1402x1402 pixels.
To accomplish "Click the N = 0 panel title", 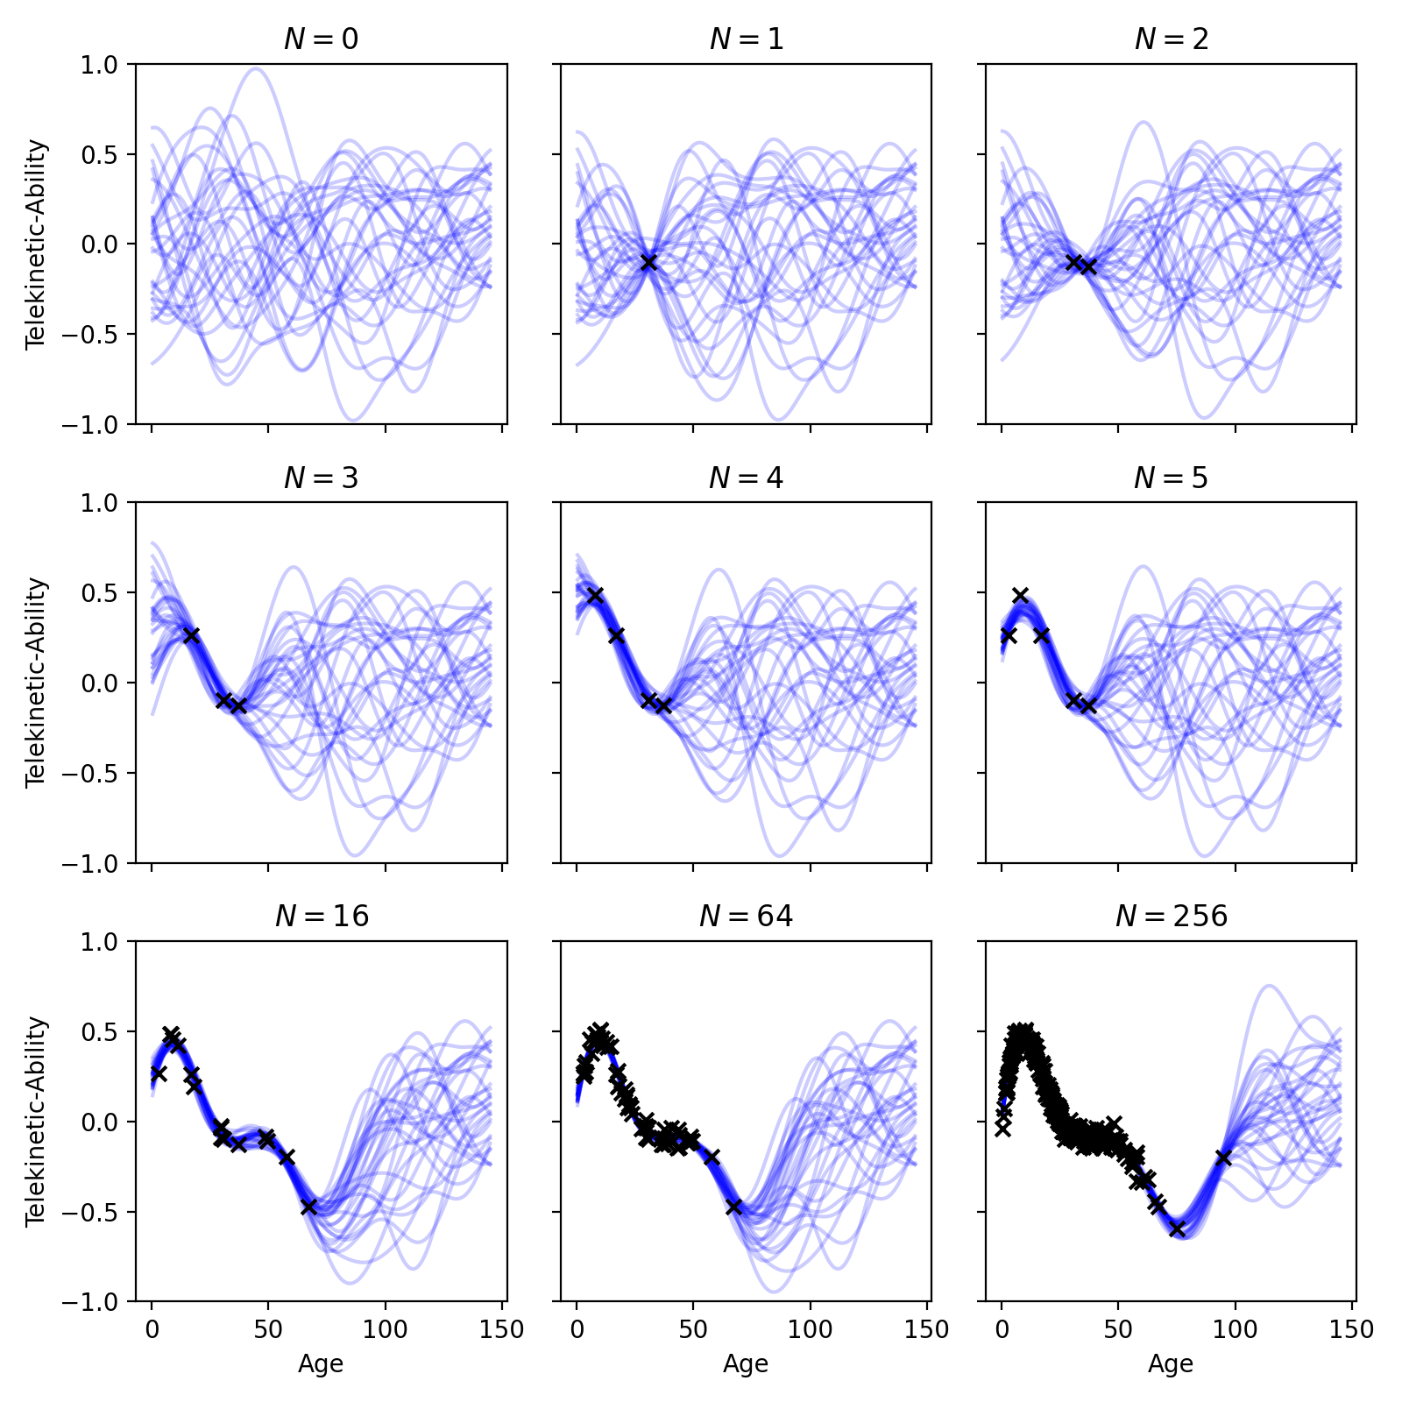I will pyautogui.click(x=321, y=39).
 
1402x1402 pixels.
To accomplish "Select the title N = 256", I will pyautogui.click(x=1171, y=916).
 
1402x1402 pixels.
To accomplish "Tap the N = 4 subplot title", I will pyautogui.click(x=746, y=478).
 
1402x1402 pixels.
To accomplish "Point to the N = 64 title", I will pyautogui.click(x=746, y=916).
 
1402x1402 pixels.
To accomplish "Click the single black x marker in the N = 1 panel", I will pyautogui.click(x=648, y=262).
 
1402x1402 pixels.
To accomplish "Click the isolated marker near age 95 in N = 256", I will pyautogui.click(x=1223, y=1158).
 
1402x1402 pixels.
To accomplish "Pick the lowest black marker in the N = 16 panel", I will pyautogui.click(x=308, y=1207).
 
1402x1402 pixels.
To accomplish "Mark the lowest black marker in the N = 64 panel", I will pyautogui.click(x=733, y=1207).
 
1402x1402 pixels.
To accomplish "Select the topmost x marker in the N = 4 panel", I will pyautogui.click(x=595, y=595).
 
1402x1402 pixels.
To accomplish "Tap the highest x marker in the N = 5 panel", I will pyautogui.click(x=1020, y=595).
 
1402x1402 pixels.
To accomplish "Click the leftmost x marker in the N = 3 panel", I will pyautogui.click(x=191, y=635).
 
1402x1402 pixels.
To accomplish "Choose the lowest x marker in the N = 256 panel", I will pyautogui.click(x=1177, y=1229).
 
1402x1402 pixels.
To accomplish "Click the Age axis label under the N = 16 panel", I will pyautogui.click(x=321, y=1363).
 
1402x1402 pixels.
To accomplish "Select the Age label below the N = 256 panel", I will pyautogui.click(x=1171, y=1363).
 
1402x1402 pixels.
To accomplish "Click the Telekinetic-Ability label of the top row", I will pyautogui.click(x=36, y=244).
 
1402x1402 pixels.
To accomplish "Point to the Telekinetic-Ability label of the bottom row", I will pyautogui.click(x=36, y=1121).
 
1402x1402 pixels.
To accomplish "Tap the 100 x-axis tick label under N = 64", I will pyautogui.click(x=811, y=1329).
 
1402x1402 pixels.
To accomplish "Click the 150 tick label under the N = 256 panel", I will pyautogui.click(x=1352, y=1329).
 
